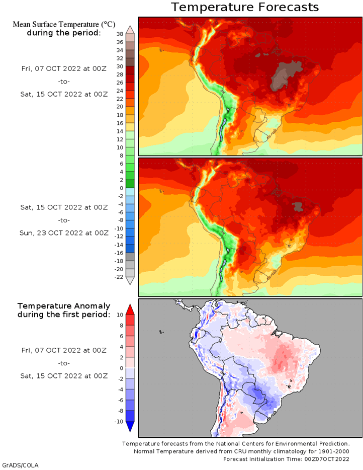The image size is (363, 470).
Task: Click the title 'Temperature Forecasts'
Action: pyautogui.click(x=245, y=7)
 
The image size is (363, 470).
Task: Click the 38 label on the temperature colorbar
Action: pyautogui.click(x=120, y=34)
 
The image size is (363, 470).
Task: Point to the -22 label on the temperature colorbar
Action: pyautogui.click(x=119, y=277)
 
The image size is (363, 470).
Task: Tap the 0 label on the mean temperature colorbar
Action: pyautogui.click(x=121, y=188)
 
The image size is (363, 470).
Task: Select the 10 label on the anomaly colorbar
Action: pyautogui.click(x=120, y=315)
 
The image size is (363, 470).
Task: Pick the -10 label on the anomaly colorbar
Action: pyautogui.click(x=119, y=422)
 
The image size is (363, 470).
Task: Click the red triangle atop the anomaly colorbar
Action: pyautogui.click(x=130, y=309)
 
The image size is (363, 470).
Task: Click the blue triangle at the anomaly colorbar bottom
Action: pyautogui.click(x=130, y=427)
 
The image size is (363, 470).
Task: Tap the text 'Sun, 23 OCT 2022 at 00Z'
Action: pyautogui.click(x=64, y=233)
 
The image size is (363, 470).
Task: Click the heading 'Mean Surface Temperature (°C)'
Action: pyautogui.click(x=64, y=24)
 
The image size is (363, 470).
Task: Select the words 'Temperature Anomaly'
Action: pyautogui.click(x=64, y=306)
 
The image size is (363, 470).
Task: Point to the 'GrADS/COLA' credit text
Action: pyautogui.click(x=20, y=465)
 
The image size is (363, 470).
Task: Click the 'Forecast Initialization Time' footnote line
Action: pyautogui.click(x=286, y=459)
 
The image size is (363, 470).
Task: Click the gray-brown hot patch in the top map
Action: pyautogui.click(x=282, y=76)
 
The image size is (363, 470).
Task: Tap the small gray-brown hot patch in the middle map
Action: pyautogui.click(x=298, y=206)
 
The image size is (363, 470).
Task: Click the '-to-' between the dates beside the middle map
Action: pyautogui.click(x=64, y=220)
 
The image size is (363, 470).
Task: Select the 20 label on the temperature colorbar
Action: pyautogui.click(x=120, y=107)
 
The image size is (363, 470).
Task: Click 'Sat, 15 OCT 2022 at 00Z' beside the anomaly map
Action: pyautogui.click(x=64, y=376)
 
